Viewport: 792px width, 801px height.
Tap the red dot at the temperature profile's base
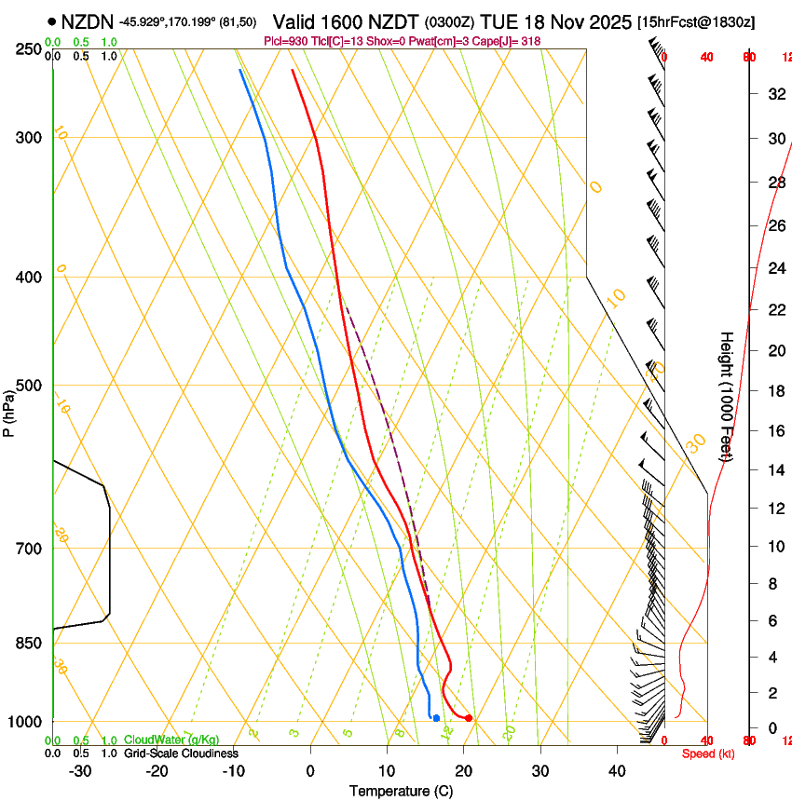[469, 718]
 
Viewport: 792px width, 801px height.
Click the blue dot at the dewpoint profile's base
[436, 718]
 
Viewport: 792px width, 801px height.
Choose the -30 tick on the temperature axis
[80, 771]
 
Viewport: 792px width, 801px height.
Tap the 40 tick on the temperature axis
[617, 771]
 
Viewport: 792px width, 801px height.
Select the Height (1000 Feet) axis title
[727, 396]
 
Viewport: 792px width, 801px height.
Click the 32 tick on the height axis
[775, 93]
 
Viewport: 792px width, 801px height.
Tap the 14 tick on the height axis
[775, 470]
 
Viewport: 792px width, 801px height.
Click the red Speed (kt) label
[708, 753]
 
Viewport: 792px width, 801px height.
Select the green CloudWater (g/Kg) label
[171, 740]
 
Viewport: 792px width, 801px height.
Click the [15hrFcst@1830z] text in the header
[696, 20]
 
